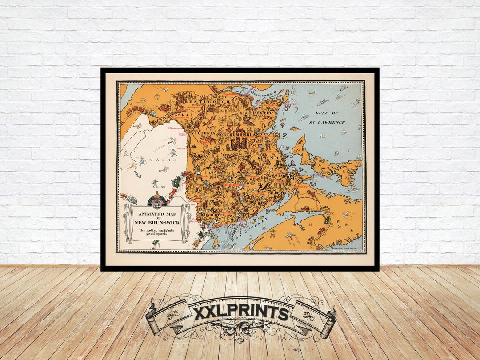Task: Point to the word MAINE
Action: click(156, 160)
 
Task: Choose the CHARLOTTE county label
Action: click(213, 214)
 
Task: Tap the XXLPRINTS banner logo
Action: click(240, 313)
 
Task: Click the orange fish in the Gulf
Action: click(293, 128)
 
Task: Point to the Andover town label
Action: click(182, 148)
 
